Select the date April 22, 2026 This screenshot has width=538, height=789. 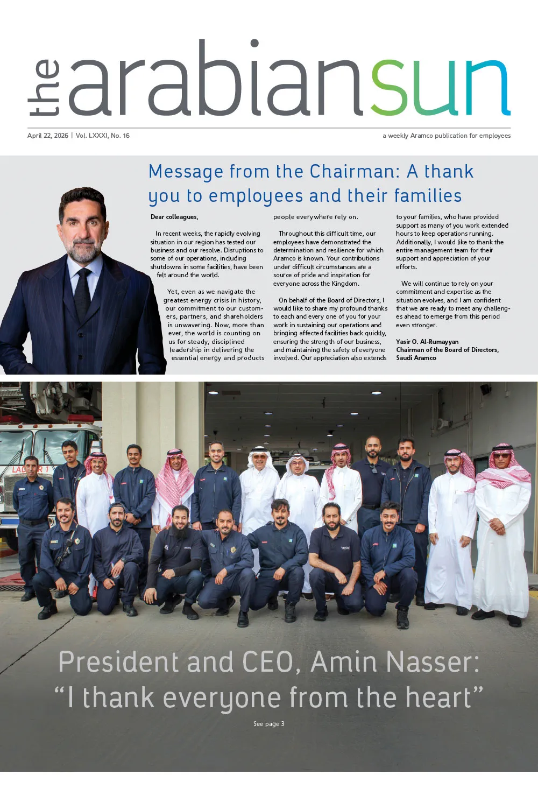tap(48, 136)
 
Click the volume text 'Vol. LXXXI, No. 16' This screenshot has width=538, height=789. tap(103, 136)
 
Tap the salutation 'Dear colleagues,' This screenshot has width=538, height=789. tap(174, 217)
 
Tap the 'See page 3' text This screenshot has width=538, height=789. tap(269, 724)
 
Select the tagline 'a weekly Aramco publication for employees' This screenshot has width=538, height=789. tap(447, 136)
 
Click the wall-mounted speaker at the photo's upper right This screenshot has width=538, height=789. tap(486, 389)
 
